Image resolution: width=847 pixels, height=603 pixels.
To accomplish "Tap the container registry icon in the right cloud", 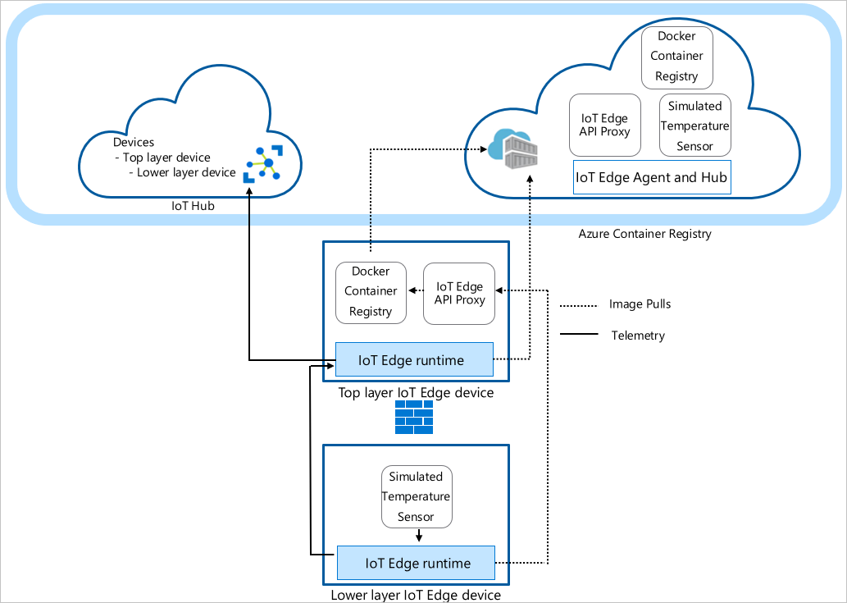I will pos(515,150).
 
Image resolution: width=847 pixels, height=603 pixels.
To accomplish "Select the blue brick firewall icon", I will pos(413,418).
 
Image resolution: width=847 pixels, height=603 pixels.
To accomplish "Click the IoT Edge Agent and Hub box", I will pos(651,177).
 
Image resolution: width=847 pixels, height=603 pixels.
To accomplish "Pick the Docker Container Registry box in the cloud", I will pos(676,56).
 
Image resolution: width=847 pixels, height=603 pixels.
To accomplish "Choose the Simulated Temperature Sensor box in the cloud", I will pos(694,126).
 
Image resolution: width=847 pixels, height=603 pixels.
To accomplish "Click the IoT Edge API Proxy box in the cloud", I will pos(604,125).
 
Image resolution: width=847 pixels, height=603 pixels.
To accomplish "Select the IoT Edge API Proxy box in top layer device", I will pos(460,293).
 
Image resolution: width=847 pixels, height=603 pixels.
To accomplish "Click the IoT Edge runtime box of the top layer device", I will pos(414,360).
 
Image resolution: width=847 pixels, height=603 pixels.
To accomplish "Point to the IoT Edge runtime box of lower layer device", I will pos(416,563).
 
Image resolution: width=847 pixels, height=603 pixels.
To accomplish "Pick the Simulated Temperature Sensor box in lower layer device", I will pos(417,496).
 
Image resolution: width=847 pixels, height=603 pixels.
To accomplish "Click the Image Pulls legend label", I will pos(640,304).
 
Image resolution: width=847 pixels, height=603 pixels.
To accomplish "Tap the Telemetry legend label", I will pos(638,336).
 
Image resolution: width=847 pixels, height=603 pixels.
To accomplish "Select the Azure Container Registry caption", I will pos(644,234).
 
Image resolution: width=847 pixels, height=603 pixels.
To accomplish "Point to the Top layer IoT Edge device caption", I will pos(416,393).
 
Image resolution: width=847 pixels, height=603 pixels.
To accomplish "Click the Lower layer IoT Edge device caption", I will pos(415,595).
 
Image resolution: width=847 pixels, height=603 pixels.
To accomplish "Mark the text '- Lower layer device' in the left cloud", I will pos(182,172).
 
